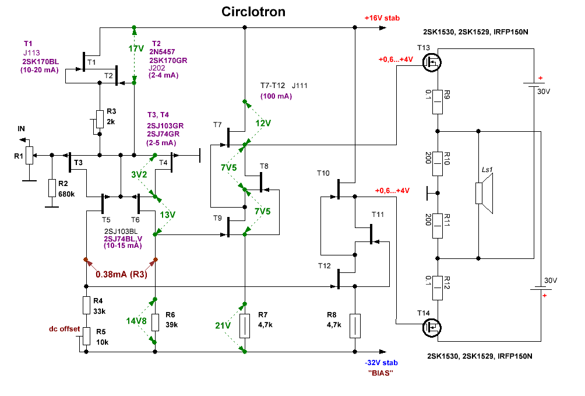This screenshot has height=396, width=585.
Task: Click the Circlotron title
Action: [x=253, y=12]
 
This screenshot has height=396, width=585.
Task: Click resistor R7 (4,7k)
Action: [x=245, y=326]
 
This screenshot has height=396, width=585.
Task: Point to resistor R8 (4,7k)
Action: [x=354, y=326]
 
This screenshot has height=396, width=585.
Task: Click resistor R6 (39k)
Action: [x=155, y=322]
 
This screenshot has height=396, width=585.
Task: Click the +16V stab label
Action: [x=382, y=18]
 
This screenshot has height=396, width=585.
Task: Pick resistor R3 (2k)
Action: [x=99, y=120]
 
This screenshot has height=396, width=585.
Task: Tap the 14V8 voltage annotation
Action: [x=135, y=320]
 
